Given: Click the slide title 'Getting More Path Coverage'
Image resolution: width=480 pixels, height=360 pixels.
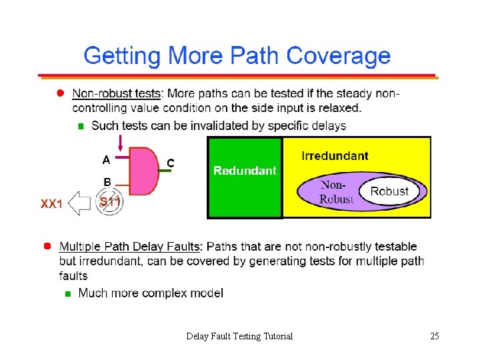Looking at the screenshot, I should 237,55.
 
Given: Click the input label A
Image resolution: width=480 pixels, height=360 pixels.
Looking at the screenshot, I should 106,159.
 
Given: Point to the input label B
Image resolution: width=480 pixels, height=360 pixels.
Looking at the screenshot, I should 106,181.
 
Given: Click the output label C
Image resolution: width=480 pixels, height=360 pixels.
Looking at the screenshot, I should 171,162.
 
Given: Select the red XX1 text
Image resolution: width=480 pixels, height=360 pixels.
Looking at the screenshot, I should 51,204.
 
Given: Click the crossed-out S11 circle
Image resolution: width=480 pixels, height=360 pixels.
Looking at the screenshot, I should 110,202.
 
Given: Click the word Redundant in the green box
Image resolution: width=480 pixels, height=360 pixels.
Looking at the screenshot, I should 245,171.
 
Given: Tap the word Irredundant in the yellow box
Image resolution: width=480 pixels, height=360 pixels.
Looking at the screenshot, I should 335,156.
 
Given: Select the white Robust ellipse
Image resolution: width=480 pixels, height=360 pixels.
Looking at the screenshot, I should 389,191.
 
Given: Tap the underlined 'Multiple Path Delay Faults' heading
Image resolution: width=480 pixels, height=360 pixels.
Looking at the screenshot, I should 130,247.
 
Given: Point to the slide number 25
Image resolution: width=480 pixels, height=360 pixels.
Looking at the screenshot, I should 434,336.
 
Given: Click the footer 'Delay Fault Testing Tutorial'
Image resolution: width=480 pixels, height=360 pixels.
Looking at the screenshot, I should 239,336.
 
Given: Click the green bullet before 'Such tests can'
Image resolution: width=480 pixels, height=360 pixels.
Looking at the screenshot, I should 81,125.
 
